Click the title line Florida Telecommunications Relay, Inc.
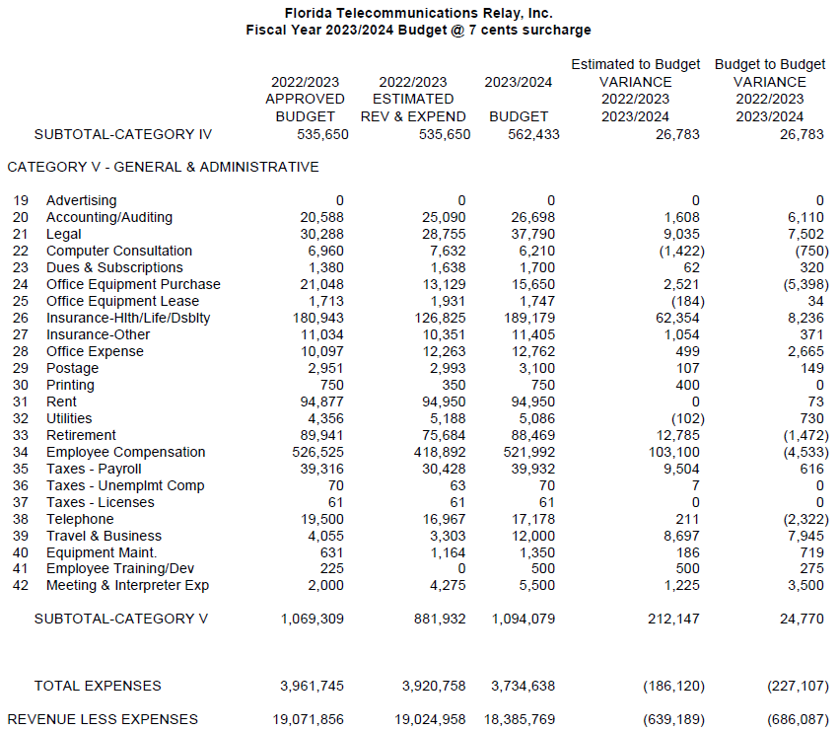[x=418, y=13]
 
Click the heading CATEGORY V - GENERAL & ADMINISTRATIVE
[x=164, y=167]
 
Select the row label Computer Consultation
[x=119, y=251]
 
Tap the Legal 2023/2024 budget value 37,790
[x=533, y=234]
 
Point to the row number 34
[x=21, y=452]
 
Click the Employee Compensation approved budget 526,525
[x=317, y=452]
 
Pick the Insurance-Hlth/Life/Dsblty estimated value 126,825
[x=440, y=318]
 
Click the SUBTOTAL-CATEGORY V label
[x=121, y=619]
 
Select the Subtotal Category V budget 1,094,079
[x=524, y=620]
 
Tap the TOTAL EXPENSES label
[x=98, y=686]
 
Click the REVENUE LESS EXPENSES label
[x=103, y=719]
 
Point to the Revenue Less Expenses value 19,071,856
[x=309, y=720]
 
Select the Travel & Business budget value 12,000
[x=533, y=536]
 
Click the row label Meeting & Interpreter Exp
[x=127, y=585]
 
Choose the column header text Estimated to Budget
[x=635, y=65]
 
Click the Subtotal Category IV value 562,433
[x=533, y=134]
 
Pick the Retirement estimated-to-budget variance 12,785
[x=678, y=435]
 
